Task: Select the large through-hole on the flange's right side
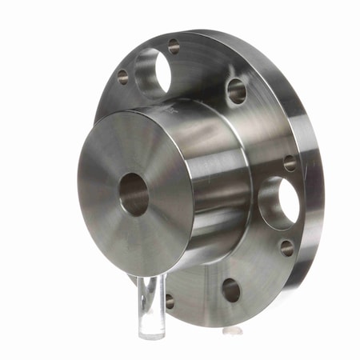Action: click(x=278, y=202)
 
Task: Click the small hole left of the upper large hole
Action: click(x=122, y=77)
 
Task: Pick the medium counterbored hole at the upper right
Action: click(x=236, y=90)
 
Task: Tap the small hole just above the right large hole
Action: click(x=290, y=162)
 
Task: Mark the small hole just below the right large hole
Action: click(x=287, y=247)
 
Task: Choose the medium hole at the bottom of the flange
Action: click(x=230, y=290)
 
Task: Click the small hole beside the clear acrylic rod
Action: click(x=170, y=301)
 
